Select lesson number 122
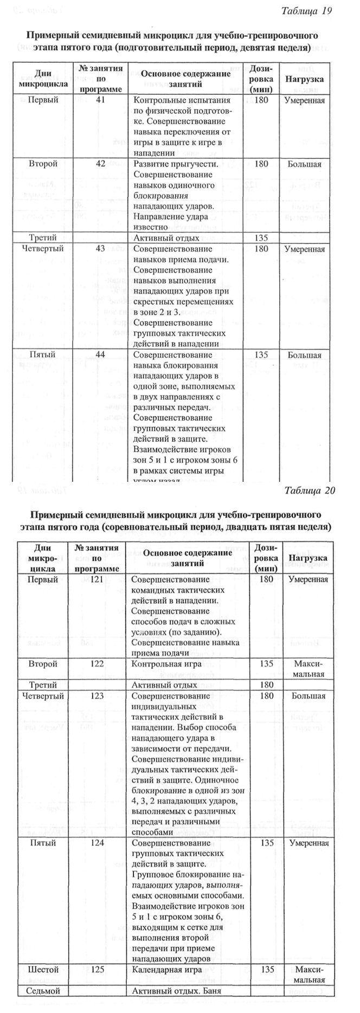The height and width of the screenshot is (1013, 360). (98, 664)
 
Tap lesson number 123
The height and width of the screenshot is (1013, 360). (98, 696)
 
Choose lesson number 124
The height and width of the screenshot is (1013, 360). (98, 843)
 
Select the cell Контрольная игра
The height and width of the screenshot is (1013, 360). (166, 664)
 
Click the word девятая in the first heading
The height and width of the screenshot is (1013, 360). (258, 48)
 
